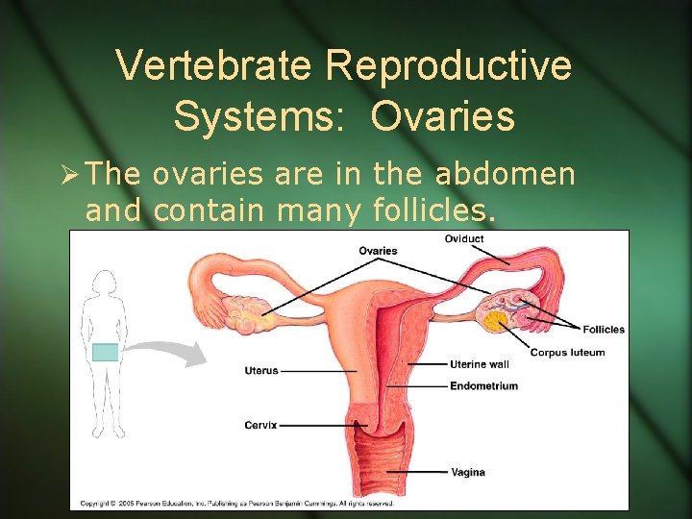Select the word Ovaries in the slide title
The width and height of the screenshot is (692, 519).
coord(443,116)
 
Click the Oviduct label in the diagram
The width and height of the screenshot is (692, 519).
coord(464,238)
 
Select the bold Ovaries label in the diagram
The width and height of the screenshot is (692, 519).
coord(378,251)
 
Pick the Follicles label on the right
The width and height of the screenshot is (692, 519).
coord(604,329)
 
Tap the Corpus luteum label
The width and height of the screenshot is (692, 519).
coord(567,352)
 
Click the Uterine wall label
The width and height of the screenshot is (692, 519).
coord(480,364)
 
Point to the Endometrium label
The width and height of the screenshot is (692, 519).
coord(483,386)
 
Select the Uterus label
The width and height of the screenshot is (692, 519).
coord(261,369)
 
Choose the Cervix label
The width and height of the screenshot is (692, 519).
coord(260,425)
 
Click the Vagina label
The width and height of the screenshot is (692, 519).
coord(467,472)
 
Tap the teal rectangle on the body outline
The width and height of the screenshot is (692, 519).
coord(105,353)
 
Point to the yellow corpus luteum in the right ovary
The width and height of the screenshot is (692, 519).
coord(497,321)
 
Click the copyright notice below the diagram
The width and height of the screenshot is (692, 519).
coord(235,503)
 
